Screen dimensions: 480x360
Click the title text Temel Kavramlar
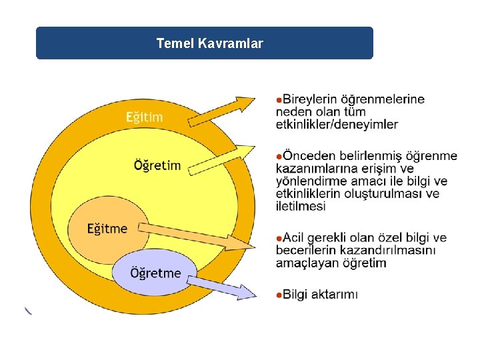209,44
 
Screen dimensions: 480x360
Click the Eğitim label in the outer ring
145,117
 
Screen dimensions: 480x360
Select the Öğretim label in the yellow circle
157,165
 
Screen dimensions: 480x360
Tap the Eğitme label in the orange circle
107,229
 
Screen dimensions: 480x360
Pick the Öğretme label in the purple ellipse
155,273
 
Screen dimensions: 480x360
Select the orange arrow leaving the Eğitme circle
200,237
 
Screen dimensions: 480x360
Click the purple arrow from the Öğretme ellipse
223,287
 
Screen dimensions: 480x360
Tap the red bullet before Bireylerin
279,99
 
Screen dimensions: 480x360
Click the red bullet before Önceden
279,156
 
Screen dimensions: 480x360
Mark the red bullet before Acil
279,238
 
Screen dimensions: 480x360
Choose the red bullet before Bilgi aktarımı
279,294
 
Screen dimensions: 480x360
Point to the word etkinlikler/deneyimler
337,124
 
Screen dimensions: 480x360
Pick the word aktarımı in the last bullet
336,294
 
